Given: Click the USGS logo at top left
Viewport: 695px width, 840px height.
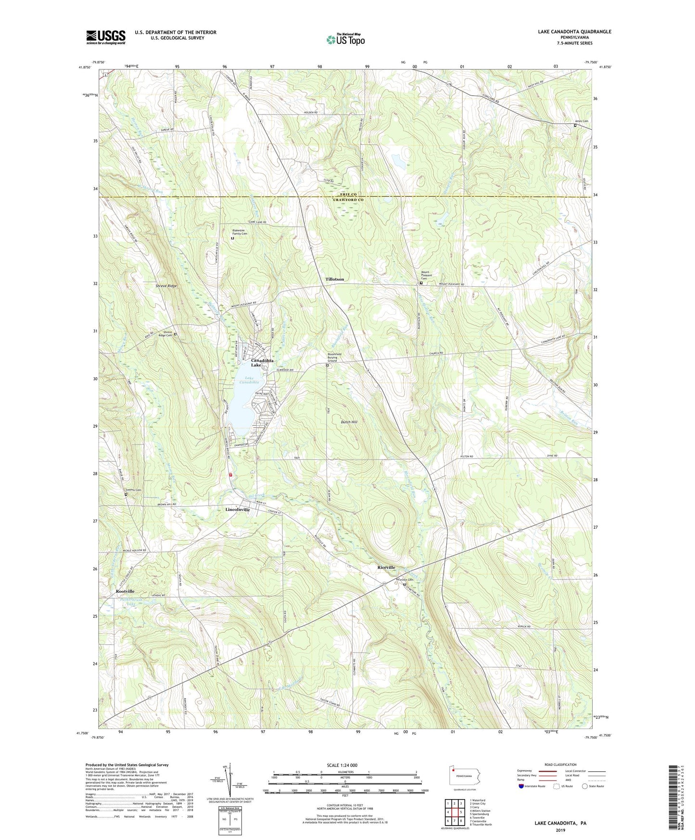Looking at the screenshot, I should (106, 37).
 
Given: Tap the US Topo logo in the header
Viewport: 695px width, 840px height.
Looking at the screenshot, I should (345, 39).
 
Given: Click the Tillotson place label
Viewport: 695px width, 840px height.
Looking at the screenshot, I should (335, 279).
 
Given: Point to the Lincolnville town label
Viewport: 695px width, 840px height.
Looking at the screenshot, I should (238, 509).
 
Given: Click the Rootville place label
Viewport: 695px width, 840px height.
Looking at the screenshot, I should (125, 591).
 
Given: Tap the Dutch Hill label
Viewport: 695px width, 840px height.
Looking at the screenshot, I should (349, 422).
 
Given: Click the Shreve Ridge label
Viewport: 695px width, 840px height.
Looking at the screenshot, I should (166, 286).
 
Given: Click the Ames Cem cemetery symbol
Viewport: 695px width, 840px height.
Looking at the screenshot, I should (575, 126).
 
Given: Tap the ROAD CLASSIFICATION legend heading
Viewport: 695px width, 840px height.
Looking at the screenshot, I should (560, 764).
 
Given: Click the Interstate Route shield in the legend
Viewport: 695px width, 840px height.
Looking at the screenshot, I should (522, 787).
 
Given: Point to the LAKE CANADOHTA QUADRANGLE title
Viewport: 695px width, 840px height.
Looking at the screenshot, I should (575, 32).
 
